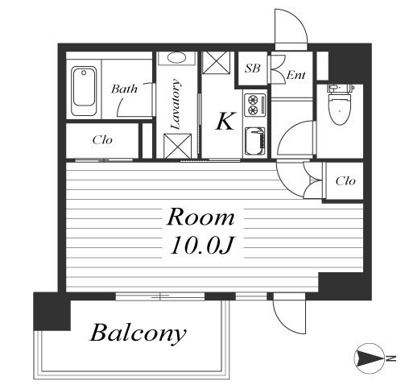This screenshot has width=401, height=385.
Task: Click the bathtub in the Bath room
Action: point(84,91)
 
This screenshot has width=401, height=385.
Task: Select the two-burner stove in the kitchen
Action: point(254,105)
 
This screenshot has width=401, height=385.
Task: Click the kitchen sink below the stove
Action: point(254,141)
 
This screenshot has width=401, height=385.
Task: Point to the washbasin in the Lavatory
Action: point(176,58)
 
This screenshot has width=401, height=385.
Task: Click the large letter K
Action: point(225,121)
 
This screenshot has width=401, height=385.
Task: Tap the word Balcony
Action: point(138,333)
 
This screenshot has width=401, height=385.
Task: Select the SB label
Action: point(252,68)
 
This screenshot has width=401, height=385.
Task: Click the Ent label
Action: point(296,75)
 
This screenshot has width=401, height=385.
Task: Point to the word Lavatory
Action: point(176,104)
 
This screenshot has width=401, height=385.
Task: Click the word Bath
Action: point(124,89)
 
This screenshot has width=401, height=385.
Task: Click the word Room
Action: point(200,217)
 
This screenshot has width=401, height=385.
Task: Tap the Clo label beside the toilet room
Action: point(345,181)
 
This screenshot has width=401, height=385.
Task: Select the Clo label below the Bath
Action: point(102,140)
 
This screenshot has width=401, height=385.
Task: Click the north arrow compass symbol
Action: point(369,358)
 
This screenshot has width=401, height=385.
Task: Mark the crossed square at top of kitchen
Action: point(216,62)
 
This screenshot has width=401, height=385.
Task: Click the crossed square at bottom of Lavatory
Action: point(177,146)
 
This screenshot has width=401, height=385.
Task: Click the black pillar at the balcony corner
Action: point(52,312)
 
